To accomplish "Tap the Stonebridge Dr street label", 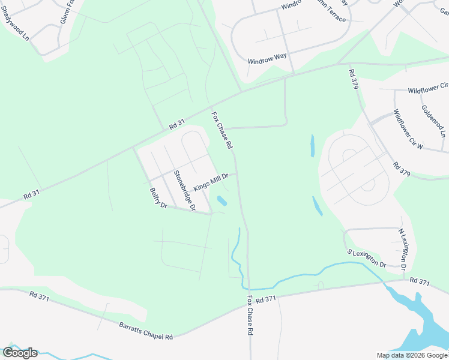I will [x=185, y=191].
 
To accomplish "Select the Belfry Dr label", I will [x=158, y=198].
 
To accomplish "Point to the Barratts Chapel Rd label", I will [x=146, y=331].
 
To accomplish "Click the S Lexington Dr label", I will [x=366, y=257].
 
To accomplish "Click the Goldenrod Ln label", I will [x=433, y=121].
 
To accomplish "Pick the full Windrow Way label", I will [x=267, y=58].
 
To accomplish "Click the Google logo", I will [x=20, y=352].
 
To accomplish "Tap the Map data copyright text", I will [x=412, y=355].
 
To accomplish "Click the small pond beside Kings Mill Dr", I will [x=221, y=200].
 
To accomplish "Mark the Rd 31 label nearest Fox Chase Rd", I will [x=177, y=124].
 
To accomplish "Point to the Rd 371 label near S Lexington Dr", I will [x=420, y=281].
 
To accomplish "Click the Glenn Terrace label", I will [x=330, y=14].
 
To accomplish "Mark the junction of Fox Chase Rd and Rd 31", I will [x=242, y=92].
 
